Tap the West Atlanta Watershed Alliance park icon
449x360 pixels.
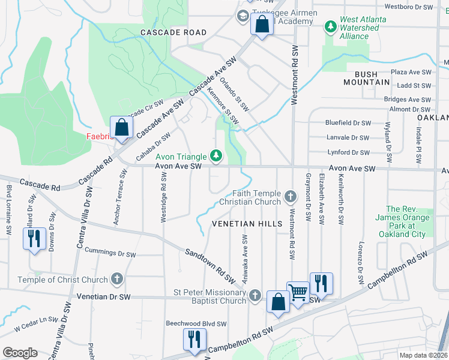(x=330, y=27)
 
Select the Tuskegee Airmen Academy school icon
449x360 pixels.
(x=244, y=16)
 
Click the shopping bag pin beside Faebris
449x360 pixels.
(x=122, y=128)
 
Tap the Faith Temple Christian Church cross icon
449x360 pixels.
(x=291, y=196)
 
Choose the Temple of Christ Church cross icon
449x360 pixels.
(x=117, y=279)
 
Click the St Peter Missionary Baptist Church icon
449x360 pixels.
(x=255, y=295)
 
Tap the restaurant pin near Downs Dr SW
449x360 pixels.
(x=34, y=239)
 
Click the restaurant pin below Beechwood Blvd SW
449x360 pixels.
(x=194, y=340)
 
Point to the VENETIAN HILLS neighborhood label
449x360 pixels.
(x=247, y=224)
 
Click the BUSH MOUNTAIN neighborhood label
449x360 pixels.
(x=361, y=78)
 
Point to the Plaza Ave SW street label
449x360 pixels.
(x=411, y=71)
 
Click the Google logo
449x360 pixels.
(x=20, y=353)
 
